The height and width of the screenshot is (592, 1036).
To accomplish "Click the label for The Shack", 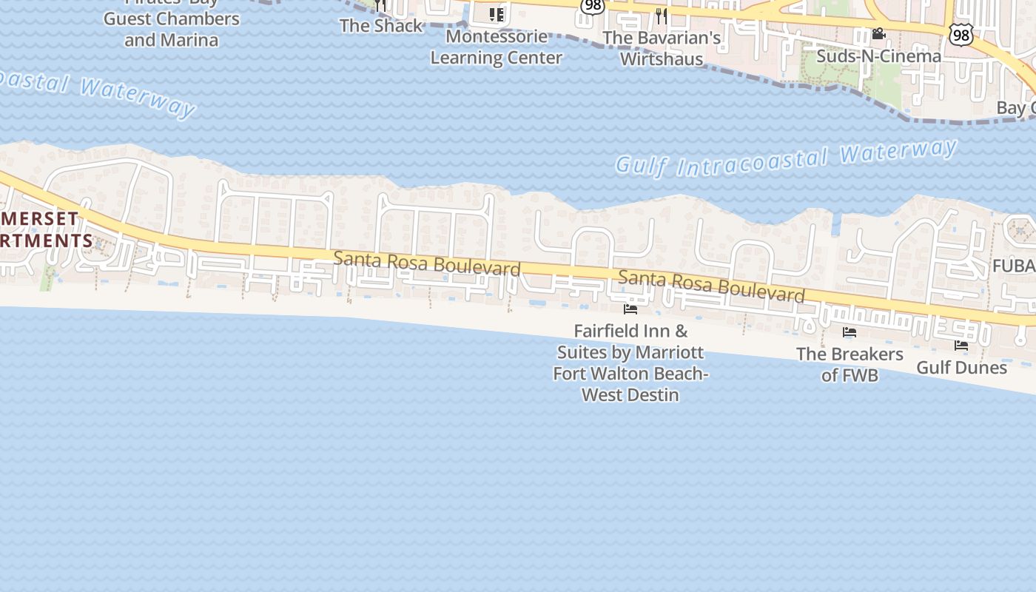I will point(381,26).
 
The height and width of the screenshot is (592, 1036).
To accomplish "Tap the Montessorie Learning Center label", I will point(497,47).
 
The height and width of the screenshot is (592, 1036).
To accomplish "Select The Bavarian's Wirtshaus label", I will point(662,48).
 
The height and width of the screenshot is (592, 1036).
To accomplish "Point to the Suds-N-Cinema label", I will point(878,55).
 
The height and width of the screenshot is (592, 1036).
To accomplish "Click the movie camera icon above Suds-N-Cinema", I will point(878,34).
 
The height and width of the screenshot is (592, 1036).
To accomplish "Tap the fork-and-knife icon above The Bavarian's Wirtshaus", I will point(662,16).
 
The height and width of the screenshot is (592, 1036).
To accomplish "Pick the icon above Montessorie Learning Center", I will point(497,14).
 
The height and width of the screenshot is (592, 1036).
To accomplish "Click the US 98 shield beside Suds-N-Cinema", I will point(962,34).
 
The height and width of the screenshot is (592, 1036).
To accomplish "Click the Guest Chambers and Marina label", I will point(171,29).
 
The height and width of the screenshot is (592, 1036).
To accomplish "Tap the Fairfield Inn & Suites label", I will point(630,363).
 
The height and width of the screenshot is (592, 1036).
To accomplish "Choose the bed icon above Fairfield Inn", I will point(630,309).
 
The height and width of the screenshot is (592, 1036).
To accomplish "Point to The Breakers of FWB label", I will point(850,364).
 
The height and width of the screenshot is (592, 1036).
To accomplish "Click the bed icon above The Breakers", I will point(850,332).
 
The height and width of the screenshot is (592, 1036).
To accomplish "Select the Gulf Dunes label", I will point(961,367).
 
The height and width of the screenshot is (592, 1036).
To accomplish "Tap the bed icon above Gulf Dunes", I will point(961,345).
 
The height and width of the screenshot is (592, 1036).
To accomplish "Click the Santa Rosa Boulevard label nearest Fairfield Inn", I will point(711,286).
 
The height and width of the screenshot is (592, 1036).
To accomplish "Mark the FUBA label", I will point(1013,266).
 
